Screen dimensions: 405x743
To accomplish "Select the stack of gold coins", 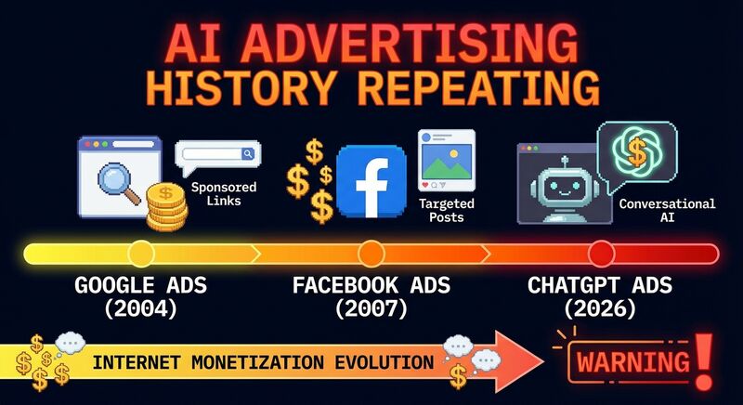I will click(167, 208).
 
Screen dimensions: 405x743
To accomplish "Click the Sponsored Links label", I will click(223, 194).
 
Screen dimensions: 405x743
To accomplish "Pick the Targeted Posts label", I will click(447, 210).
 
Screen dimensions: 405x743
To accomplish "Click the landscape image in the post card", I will click(447, 168).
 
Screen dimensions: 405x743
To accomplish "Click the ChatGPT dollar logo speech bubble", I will click(636, 152).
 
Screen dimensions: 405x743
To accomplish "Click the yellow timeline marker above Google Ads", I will click(141, 253).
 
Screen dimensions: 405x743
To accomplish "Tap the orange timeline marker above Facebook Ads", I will click(371, 253).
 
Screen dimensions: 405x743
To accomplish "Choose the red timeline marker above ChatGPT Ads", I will click(601, 253).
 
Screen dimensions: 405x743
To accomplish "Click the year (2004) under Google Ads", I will click(140, 307).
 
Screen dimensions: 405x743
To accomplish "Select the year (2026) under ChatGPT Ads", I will click(601, 307).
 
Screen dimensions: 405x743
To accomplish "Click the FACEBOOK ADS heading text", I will click(371, 284).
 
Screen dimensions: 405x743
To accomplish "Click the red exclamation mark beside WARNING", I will click(703, 358).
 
